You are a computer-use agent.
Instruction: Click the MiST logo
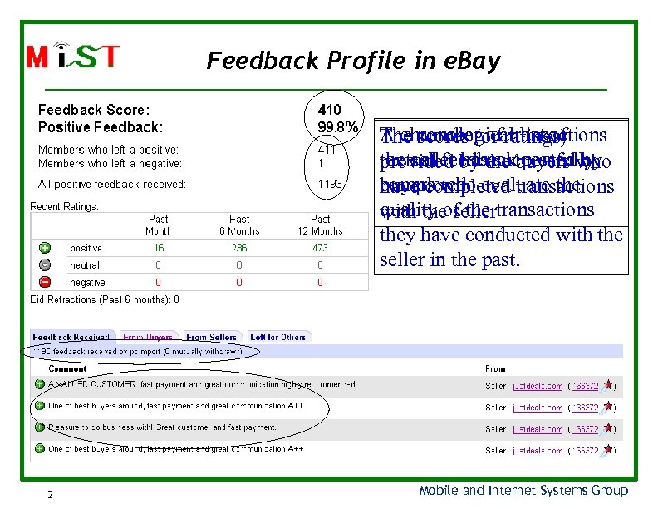point(72,57)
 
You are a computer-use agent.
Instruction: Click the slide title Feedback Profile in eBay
point(353,61)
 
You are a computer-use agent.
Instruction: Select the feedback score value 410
point(329,110)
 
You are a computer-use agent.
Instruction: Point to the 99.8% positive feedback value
point(337,127)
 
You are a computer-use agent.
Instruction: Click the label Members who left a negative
point(110,164)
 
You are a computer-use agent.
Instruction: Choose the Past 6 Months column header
point(239,224)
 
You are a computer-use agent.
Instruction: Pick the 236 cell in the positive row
point(239,248)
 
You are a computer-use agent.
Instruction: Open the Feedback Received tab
point(71,338)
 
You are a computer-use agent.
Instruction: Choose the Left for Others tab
point(278,338)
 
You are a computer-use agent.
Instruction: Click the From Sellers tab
point(211,338)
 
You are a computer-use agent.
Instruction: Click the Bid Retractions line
point(105,299)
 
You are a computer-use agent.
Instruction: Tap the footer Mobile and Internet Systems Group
point(523,491)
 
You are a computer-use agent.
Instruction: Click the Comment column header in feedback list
point(67,368)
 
